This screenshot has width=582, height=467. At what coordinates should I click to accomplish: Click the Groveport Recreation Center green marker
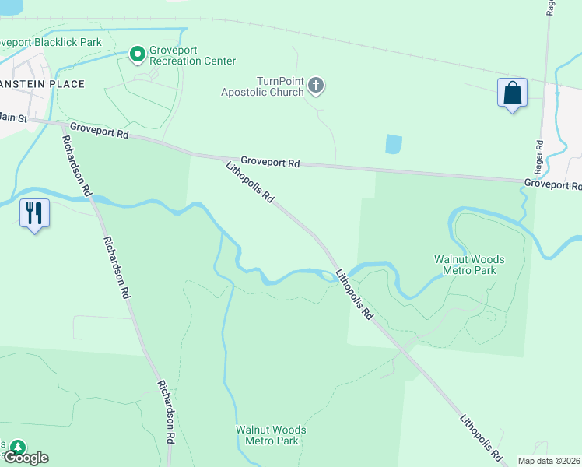(x=138, y=54)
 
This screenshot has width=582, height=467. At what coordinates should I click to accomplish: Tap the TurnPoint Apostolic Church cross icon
(x=316, y=85)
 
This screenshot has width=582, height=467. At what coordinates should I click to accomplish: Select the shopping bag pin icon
(x=512, y=93)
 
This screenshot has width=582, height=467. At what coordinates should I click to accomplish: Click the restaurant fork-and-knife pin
(x=34, y=212)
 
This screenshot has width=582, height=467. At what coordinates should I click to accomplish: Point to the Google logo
(x=25, y=458)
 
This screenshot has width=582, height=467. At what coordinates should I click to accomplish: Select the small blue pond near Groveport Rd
(x=394, y=144)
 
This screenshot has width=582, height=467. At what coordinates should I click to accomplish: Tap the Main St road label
(x=13, y=118)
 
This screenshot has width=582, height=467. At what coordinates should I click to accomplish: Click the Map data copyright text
(x=549, y=461)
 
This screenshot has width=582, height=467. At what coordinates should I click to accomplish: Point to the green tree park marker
(x=16, y=448)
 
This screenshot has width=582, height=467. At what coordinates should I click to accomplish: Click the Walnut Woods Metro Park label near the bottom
(x=271, y=434)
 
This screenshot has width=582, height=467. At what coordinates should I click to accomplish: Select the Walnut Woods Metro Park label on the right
(x=468, y=265)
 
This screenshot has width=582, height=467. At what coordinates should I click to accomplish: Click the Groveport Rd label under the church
(x=270, y=163)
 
